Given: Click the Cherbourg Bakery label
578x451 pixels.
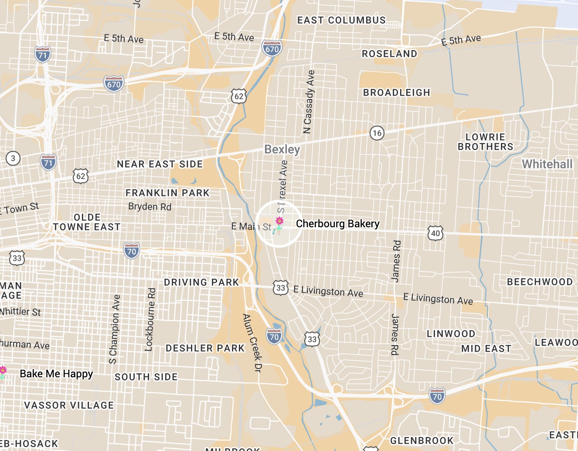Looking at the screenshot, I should pyautogui.click(x=337, y=224).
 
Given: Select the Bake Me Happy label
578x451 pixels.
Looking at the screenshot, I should pyautogui.click(x=56, y=374).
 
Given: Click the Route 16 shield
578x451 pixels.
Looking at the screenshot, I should pyautogui.click(x=377, y=133).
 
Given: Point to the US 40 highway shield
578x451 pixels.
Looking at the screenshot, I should pyautogui.click(x=435, y=233).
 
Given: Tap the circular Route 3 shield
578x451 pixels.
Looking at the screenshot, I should pyautogui.click(x=13, y=158).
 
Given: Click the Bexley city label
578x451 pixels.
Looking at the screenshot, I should pyautogui.click(x=282, y=150).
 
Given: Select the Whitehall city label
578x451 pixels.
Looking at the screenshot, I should pyautogui.click(x=547, y=164).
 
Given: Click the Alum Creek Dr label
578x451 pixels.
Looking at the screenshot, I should pyautogui.click(x=252, y=342).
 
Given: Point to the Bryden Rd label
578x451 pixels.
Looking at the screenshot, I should pyautogui.click(x=150, y=206).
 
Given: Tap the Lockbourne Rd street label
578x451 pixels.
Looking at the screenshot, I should pyautogui.click(x=150, y=319).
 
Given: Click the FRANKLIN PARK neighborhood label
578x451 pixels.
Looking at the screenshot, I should pyautogui.click(x=167, y=193).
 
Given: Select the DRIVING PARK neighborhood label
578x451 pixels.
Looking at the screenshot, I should pyautogui.click(x=201, y=282).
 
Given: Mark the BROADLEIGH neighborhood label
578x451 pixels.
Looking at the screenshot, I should pyautogui.click(x=396, y=92).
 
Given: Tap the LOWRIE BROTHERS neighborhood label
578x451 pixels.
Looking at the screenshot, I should pyautogui.click(x=485, y=142).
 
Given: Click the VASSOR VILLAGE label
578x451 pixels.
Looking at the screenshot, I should pyautogui.click(x=69, y=405).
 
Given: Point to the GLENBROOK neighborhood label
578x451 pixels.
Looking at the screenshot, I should pyautogui.click(x=422, y=441).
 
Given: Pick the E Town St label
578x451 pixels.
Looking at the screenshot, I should pyautogui.click(x=20, y=208).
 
